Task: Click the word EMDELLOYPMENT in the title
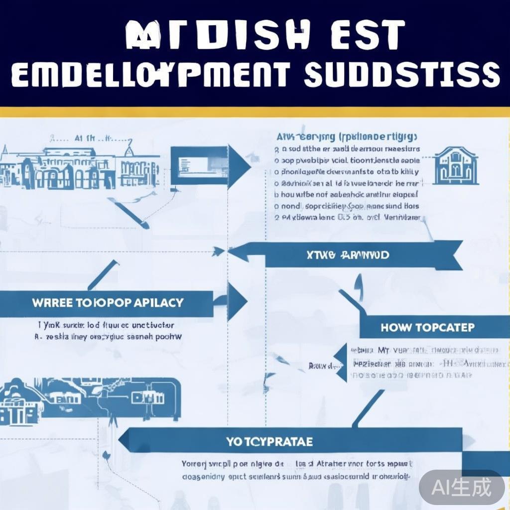pos(150,75)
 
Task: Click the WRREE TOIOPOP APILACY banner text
pos(108,302)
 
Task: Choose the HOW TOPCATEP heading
pos(427,328)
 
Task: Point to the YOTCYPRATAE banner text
pos(269,441)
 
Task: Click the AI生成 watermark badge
pos(462,487)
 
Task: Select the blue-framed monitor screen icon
pos(199,165)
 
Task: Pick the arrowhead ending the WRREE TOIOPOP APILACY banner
pos(237,302)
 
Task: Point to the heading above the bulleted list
pos(347,136)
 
